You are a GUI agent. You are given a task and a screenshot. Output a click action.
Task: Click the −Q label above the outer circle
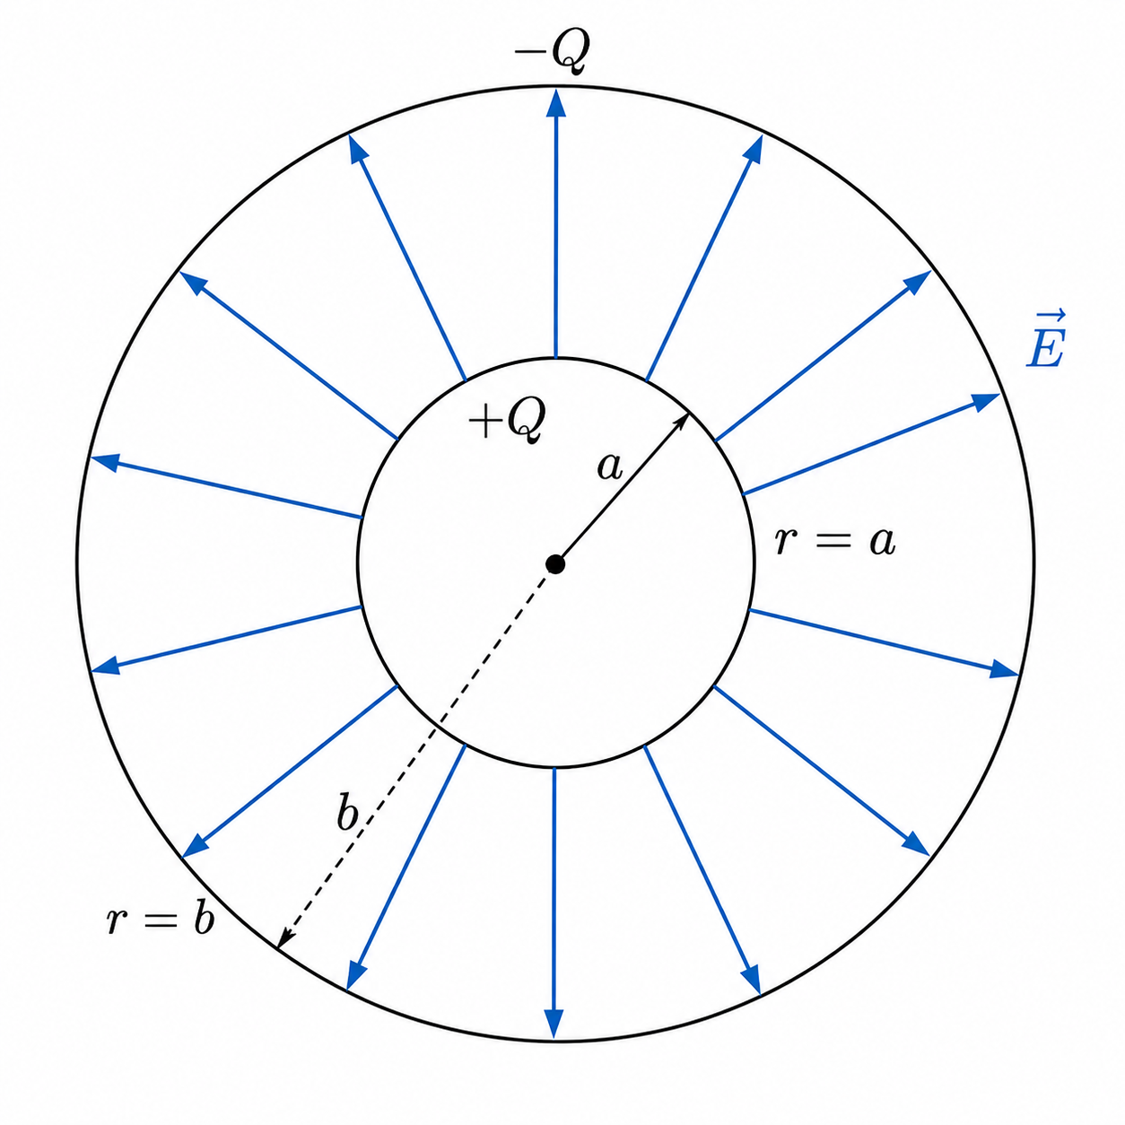pos(552,54)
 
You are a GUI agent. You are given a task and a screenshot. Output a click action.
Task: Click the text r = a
pos(835,542)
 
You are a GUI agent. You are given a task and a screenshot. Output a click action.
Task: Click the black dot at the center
pos(554,564)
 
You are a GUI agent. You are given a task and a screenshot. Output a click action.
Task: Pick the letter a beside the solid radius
pos(609,467)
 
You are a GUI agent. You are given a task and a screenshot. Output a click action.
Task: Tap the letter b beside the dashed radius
pos(348,812)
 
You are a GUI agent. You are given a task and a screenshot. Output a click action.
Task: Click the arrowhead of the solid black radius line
pos(682,422)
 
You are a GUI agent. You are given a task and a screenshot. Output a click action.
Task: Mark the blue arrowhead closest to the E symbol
pos(987,401)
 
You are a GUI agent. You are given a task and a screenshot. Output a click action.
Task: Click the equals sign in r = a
pos(835,543)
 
